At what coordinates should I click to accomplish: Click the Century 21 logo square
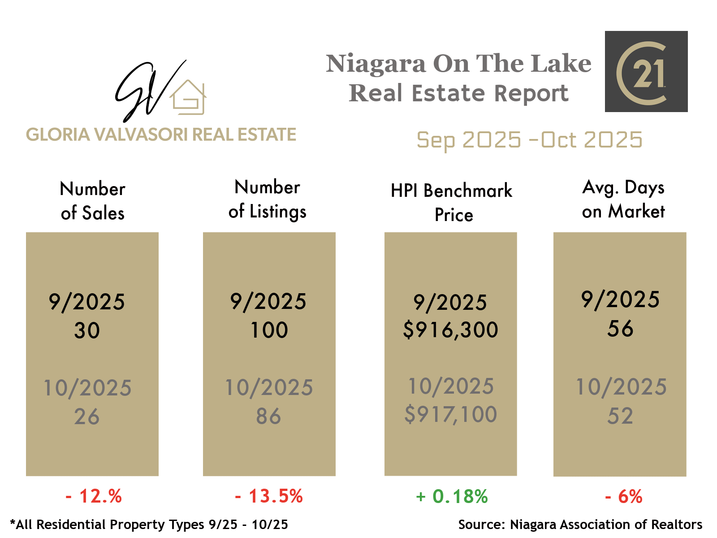(646, 71)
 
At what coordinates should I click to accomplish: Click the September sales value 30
(87, 331)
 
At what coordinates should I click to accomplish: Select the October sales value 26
(87, 417)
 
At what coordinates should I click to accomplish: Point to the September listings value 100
(269, 330)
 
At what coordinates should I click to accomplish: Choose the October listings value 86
(268, 417)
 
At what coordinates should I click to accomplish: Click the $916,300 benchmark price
(450, 330)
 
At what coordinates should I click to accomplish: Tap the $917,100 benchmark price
(450, 414)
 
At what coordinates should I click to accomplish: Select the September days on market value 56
(620, 329)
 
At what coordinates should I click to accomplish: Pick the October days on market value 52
(620, 416)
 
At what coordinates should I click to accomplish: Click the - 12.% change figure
(94, 496)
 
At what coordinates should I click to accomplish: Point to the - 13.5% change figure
(269, 496)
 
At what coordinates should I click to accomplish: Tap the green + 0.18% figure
(452, 496)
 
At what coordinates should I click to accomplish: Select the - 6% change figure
(623, 496)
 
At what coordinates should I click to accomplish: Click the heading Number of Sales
(92, 201)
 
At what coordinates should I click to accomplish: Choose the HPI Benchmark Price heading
(452, 203)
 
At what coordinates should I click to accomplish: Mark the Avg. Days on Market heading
(623, 200)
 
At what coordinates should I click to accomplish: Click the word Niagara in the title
(376, 64)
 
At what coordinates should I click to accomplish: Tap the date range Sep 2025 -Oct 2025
(529, 140)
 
